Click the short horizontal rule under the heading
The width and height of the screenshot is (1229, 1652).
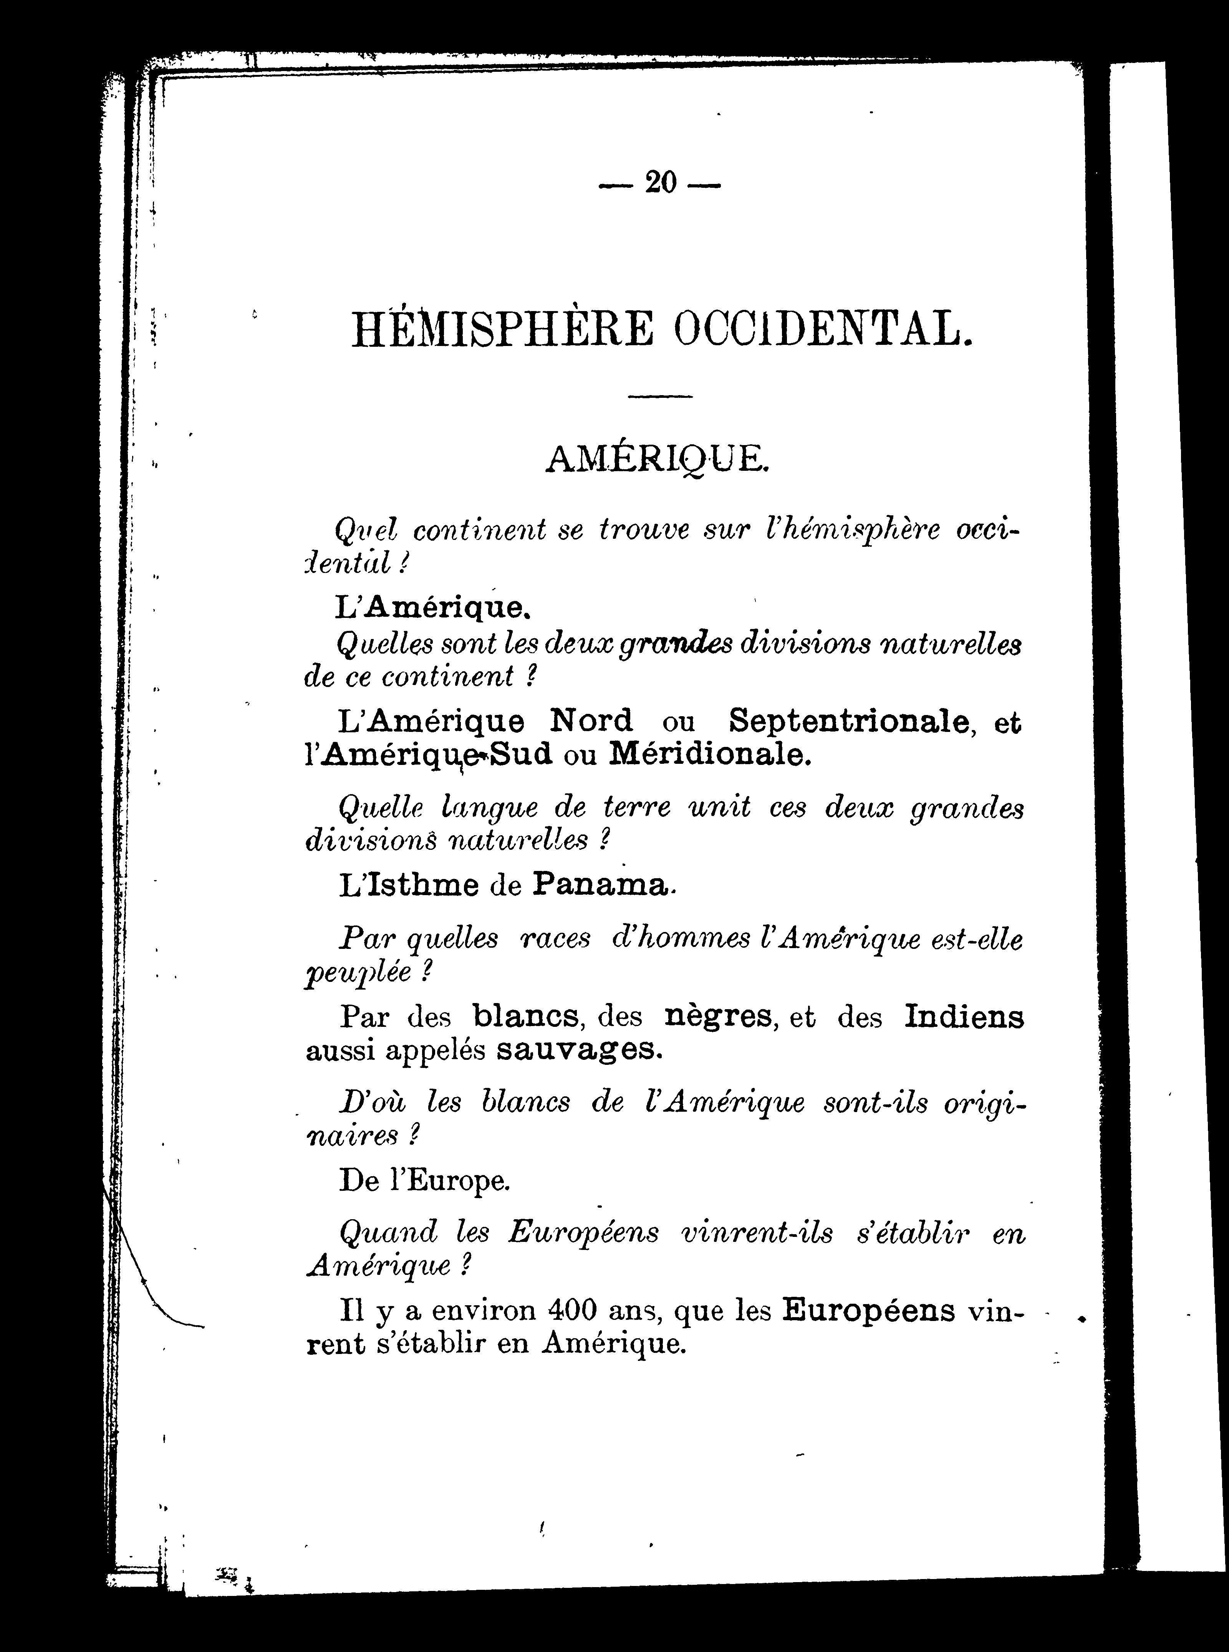click(660, 396)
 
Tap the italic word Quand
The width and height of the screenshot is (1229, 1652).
click(388, 1233)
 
